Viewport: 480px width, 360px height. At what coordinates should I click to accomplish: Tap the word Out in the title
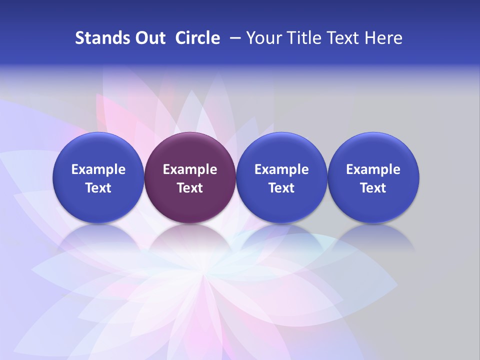148,38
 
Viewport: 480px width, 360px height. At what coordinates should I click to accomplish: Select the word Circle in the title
197,38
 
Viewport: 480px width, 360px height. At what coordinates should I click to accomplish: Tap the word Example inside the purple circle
190,169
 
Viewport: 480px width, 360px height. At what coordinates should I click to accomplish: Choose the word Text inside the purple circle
190,188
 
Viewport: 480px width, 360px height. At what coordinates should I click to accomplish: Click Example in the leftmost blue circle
98,169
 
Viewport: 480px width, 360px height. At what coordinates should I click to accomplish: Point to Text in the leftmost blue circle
98,188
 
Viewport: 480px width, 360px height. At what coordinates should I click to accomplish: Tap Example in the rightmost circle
373,169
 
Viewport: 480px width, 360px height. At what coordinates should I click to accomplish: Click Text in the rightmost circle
373,188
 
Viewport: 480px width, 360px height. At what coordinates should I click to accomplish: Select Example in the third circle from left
281,169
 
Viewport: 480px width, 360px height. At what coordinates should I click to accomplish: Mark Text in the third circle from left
281,188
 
